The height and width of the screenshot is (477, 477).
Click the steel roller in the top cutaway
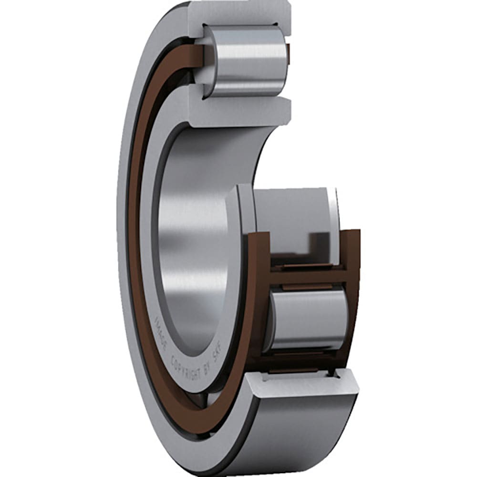(246, 61)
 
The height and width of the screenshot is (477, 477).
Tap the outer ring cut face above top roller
(238, 13)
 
